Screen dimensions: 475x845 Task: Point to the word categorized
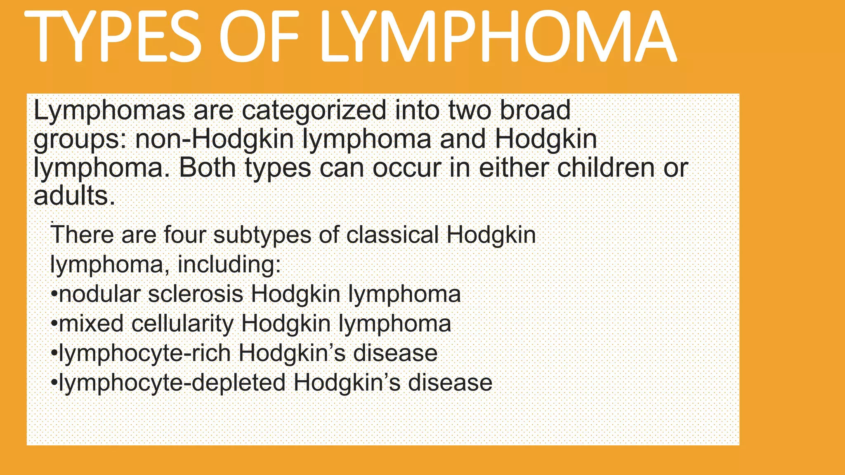click(314, 111)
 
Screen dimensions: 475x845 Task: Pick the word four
click(184, 235)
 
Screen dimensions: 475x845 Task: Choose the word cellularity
click(182, 324)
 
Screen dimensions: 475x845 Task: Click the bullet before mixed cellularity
click(54, 324)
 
